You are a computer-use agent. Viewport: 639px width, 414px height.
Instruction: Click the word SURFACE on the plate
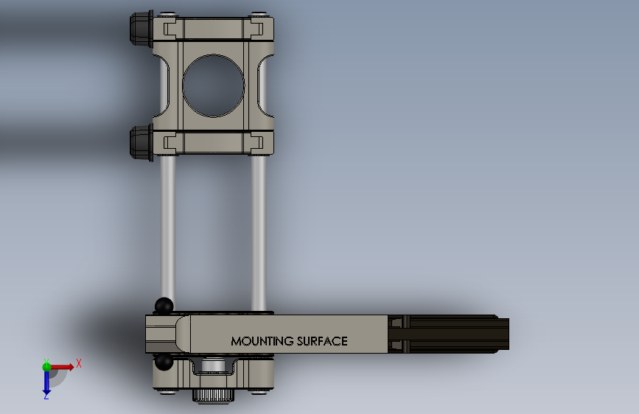[x=322, y=341]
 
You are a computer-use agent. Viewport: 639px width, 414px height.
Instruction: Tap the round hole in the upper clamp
[x=213, y=85]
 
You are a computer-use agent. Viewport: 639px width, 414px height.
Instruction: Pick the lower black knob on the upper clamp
[x=142, y=143]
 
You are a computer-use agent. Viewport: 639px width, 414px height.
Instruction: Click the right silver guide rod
[x=259, y=232]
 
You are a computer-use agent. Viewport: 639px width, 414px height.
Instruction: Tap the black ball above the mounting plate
[x=164, y=306]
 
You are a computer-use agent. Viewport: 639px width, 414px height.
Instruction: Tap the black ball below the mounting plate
[x=164, y=362]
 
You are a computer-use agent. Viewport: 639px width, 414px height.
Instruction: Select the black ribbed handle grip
[x=448, y=334]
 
